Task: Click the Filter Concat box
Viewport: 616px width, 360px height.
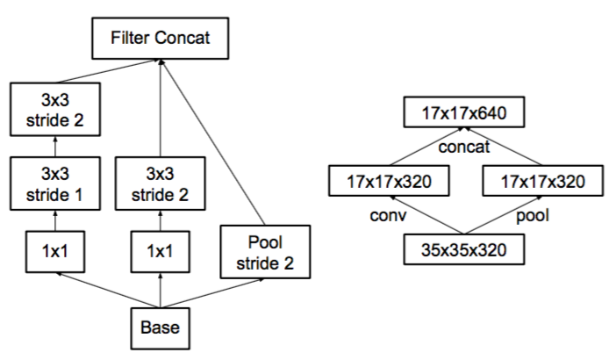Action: [161, 38]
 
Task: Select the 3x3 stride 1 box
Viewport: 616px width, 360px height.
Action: [55, 184]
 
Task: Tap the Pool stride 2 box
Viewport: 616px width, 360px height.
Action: [265, 252]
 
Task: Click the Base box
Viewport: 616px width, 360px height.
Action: [161, 328]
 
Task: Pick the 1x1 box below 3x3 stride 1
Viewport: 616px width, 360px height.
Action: [55, 252]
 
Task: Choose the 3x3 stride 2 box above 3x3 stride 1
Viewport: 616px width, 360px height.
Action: [55, 109]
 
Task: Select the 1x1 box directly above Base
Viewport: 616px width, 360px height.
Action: [161, 252]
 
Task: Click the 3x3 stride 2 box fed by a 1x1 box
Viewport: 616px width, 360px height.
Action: [161, 184]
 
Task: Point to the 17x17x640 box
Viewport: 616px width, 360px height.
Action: [464, 112]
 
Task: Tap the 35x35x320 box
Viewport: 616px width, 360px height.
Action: [464, 249]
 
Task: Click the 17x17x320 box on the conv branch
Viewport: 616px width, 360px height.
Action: [389, 181]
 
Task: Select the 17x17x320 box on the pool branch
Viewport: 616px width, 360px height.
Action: [543, 181]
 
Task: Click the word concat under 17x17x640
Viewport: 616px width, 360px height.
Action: [464, 147]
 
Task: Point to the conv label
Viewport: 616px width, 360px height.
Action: [388, 215]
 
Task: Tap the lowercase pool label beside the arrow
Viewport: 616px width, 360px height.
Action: [533, 216]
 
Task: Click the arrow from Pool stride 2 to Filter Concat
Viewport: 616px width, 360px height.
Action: [212, 142]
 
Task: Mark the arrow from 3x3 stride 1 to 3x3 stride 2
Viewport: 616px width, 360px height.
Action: [55, 147]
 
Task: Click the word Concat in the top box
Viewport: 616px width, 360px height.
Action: [183, 38]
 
